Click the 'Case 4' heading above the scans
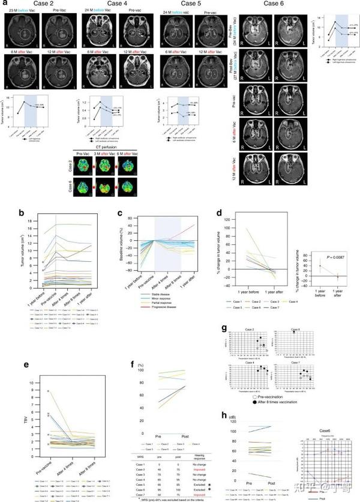[x=119, y=4]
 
